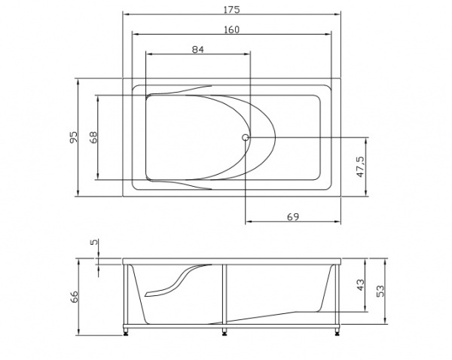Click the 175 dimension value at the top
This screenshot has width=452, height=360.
tap(231, 10)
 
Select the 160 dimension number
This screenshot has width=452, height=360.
tap(231, 29)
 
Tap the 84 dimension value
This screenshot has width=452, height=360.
tap(198, 50)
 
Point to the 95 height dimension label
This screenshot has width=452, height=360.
tap(74, 137)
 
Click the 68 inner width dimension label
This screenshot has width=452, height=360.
tap(93, 137)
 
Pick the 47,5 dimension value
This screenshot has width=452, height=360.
tap(360, 167)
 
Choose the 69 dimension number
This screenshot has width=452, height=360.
tap(293, 217)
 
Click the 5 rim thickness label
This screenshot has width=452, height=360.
tap(94, 242)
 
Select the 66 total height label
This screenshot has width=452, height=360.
tap(74, 297)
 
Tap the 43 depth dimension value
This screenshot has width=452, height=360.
tap(360, 285)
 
